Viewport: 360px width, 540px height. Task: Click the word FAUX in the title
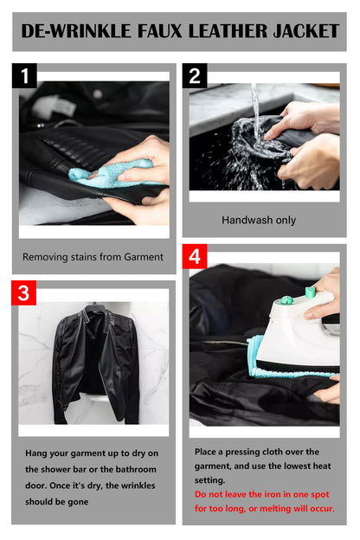[x=159, y=31]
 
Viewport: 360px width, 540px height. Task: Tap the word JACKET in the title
[x=306, y=31]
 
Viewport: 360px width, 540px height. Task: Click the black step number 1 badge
[x=24, y=75]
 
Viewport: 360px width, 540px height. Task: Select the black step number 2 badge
[x=195, y=75]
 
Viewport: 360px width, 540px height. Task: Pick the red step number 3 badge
[x=23, y=292]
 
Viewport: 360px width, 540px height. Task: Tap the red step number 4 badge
[x=195, y=256]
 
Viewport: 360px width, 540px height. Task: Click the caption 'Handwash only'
[x=259, y=220]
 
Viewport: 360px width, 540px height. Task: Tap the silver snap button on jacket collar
[x=98, y=93]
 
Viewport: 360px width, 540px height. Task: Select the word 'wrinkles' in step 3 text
[x=138, y=485]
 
